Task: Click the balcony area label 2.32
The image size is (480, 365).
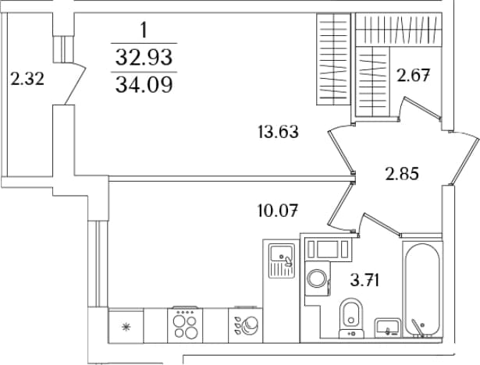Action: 27,79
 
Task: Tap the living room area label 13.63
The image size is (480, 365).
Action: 278,132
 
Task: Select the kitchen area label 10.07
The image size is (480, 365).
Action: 278,211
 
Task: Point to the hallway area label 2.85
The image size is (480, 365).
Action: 402,175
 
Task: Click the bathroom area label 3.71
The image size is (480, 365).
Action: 365,280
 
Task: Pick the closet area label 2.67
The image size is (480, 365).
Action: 413,76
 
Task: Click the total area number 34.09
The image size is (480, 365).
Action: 144,84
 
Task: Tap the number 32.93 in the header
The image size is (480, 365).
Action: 144,57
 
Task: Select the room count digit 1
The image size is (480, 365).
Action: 144,30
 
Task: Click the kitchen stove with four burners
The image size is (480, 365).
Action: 185,325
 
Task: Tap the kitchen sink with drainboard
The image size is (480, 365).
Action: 282,260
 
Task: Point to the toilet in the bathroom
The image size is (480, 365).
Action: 351,318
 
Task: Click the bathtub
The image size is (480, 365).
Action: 422,290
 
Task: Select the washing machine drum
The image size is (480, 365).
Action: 317,278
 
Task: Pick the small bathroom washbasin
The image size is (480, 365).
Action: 388,327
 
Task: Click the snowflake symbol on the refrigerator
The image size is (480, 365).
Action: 126,328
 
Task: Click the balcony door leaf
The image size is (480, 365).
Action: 75,83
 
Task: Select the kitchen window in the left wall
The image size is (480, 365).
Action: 98,264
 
